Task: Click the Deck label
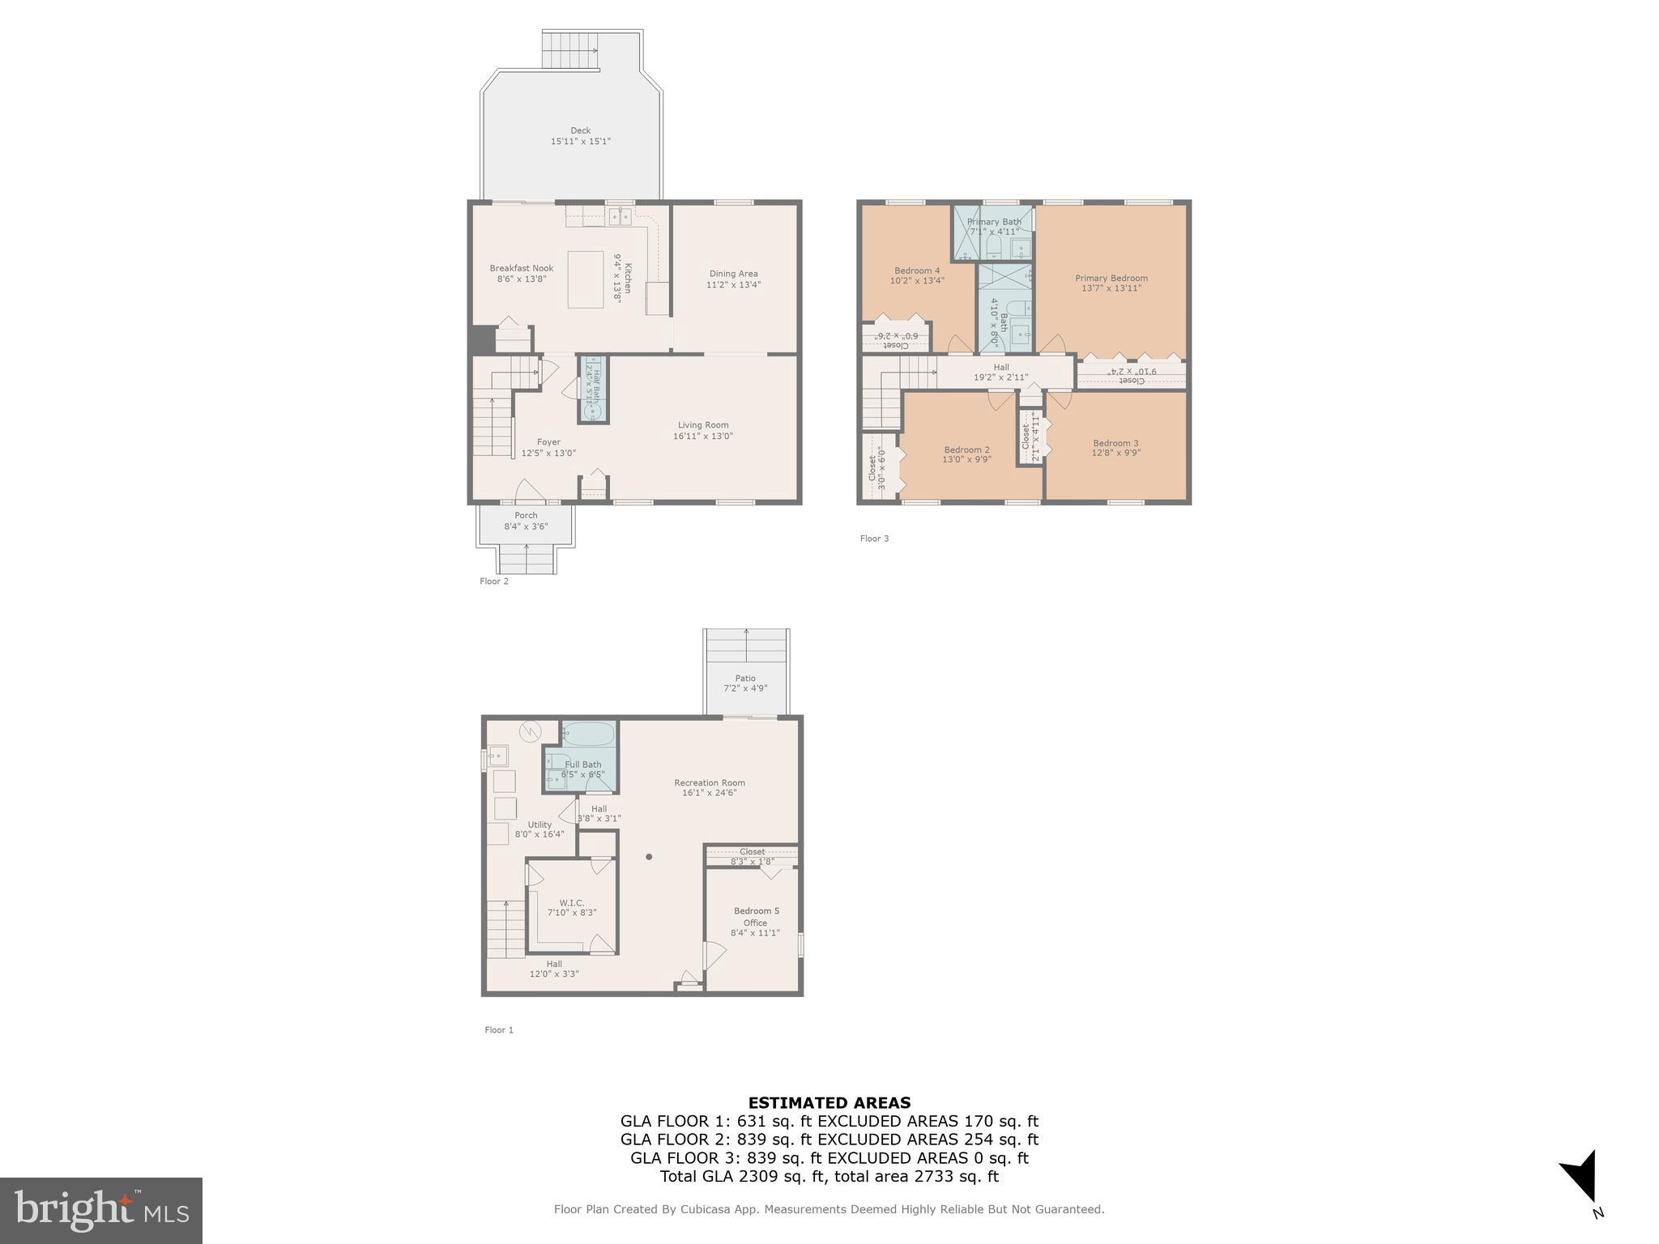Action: tap(580, 130)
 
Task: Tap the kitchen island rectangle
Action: tap(585, 279)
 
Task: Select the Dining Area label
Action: tap(733, 274)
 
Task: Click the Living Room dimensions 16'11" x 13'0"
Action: tap(702, 437)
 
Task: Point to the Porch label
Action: tap(526, 516)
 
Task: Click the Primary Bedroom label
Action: tap(1111, 279)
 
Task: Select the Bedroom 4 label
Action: tap(917, 271)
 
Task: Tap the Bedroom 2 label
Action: tap(966, 450)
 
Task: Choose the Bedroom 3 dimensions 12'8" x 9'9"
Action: tap(1115, 454)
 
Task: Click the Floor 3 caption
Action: tap(874, 539)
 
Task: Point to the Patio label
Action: tap(745, 679)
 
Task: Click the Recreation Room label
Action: tap(709, 783)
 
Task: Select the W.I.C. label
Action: tap(571, 903)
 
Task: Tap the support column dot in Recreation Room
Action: tap(649, 857)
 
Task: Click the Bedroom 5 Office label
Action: tap(755, 917)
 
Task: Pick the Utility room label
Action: tap(539, 825)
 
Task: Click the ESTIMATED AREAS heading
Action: tap(829, 1103)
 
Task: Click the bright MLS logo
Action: tap(101, 1211)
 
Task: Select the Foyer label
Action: tap(548, 443)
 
